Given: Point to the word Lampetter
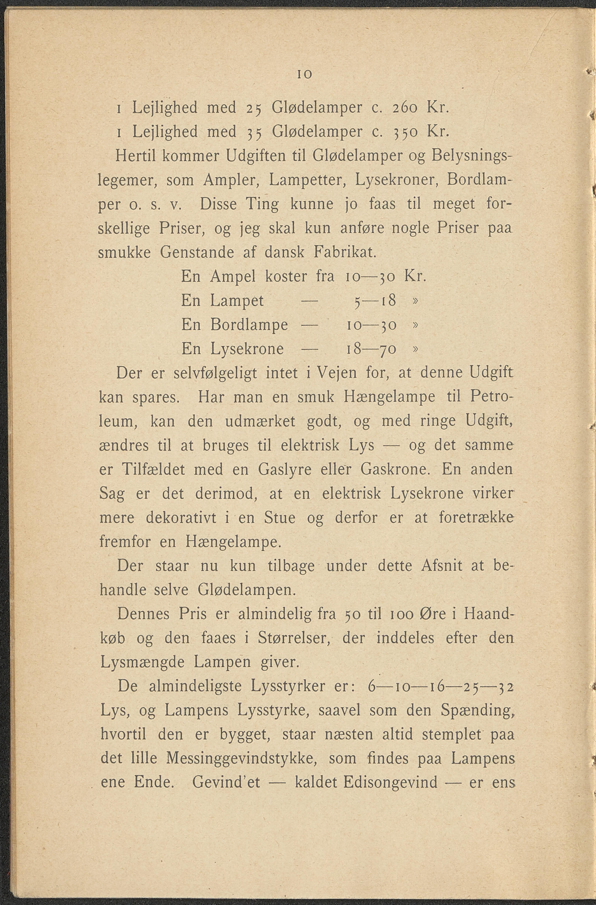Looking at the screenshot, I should point(307,180).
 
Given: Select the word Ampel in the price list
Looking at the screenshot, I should point(232,276).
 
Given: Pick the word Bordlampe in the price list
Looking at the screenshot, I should point(249,325).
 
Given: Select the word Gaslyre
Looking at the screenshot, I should point(285,470).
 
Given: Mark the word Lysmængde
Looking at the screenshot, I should point(142,663).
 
